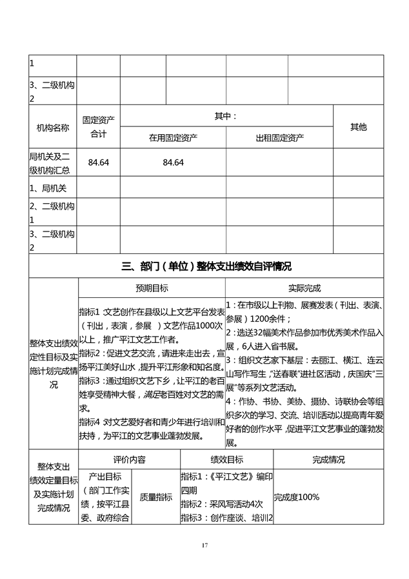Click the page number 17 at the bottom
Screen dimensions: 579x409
[x=204, y=546]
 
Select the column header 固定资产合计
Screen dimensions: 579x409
[x=98, y=127]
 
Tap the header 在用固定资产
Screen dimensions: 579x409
[x=173, y=137]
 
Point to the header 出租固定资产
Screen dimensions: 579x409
[x=279, y=137]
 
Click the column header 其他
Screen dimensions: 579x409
[x=358, y=127]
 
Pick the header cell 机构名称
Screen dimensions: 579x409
[x=53, y=128]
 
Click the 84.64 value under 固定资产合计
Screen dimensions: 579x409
[x=98, y=162]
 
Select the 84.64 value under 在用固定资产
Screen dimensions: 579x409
[x=173, y=162]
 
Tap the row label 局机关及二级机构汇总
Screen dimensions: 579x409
[x=53, y=163]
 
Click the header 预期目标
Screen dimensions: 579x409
[x=152, y=288]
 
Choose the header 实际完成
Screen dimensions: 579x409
[x=304, y=288]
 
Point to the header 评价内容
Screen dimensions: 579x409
[x=129, y=460]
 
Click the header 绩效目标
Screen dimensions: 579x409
[x=226, y=460]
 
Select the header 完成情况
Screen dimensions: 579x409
[x=328, y=460]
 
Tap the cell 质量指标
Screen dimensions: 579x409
[x=156, y=497]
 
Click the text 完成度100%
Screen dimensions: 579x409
[x=297, y=497]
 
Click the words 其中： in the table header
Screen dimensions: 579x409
[x=226, y=116]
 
